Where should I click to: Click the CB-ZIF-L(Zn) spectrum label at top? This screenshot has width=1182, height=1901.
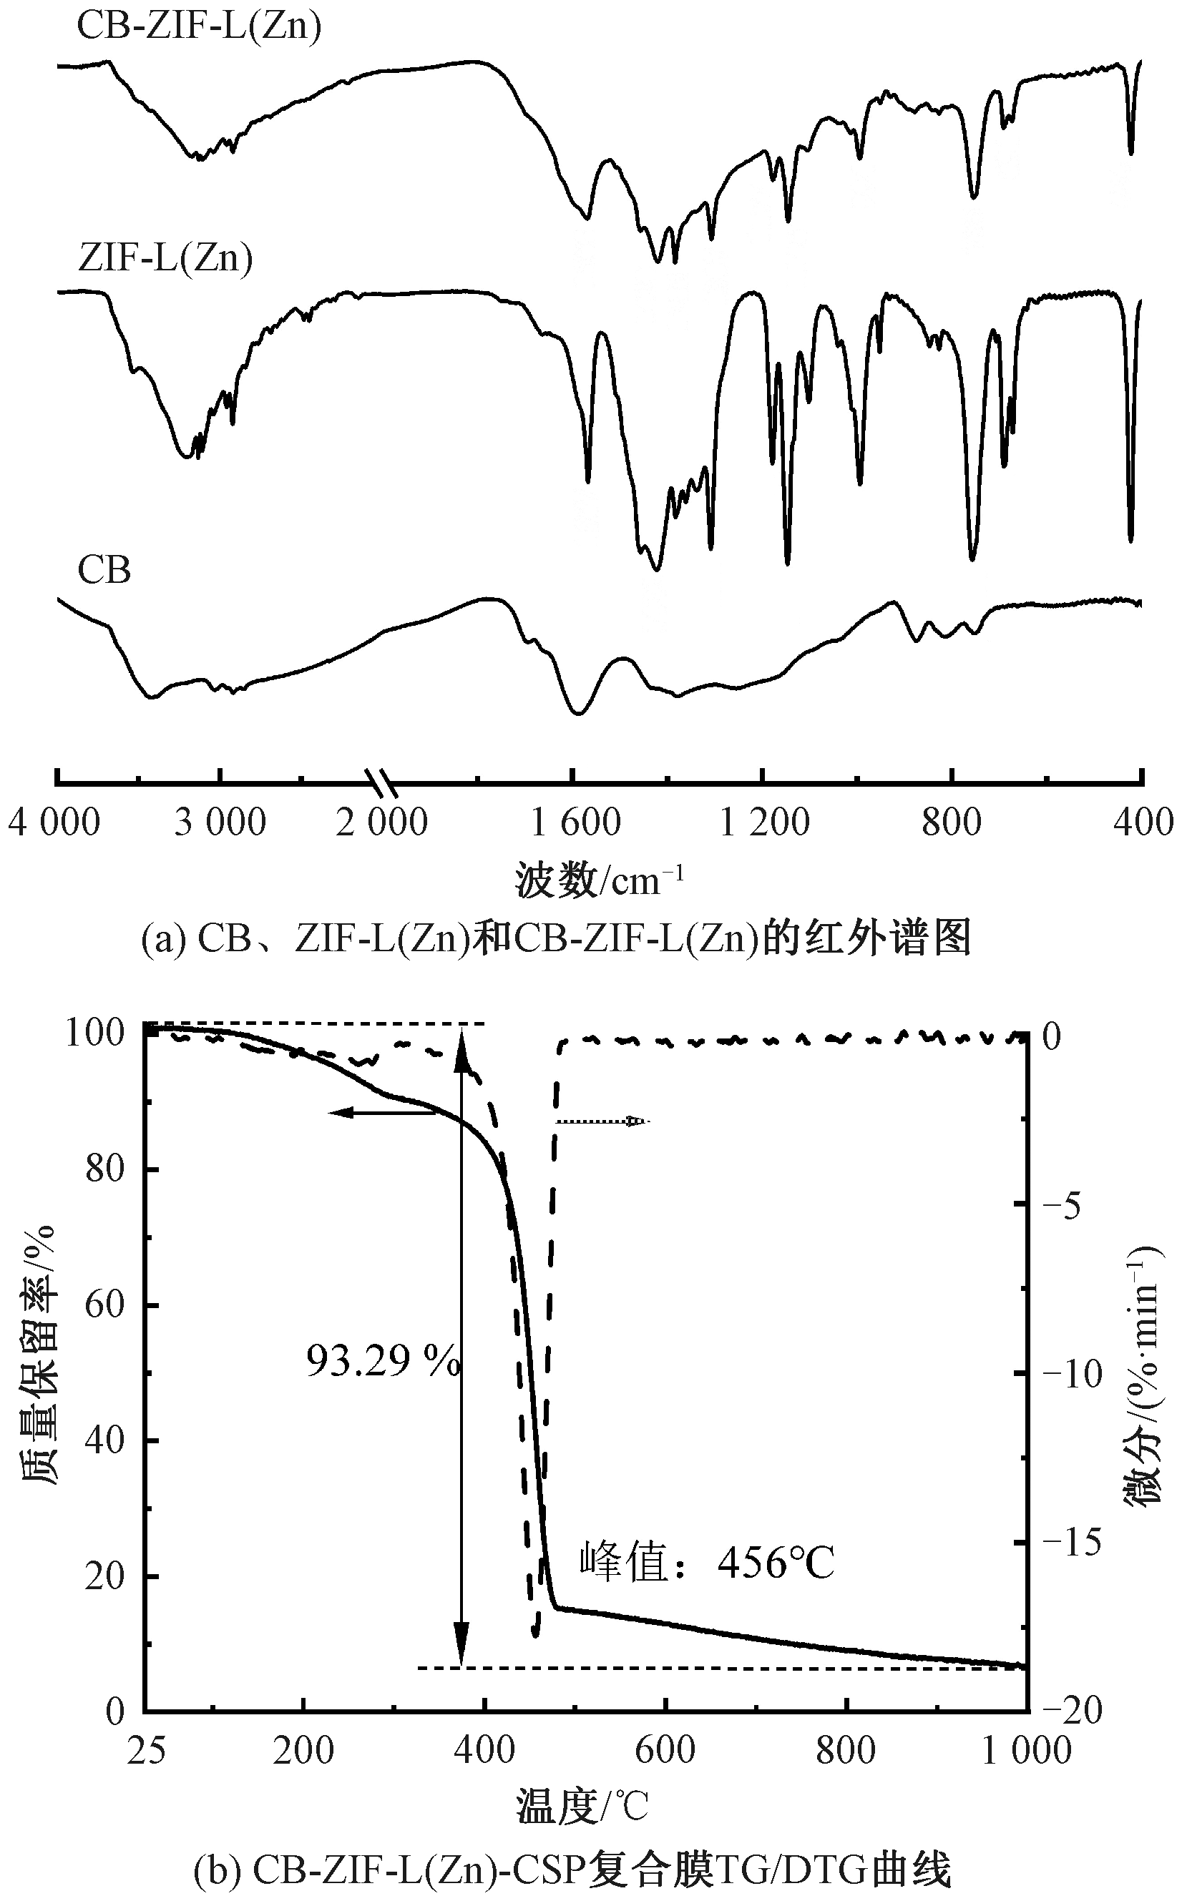pos(199,26)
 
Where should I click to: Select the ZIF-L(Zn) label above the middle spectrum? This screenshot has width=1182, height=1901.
pos(166,259)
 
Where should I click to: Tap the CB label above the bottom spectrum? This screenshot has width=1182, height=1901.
pos(104,571)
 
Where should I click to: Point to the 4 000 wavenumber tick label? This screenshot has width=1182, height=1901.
pos(54,822)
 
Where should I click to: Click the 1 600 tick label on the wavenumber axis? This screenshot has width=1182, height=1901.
pos(575,822)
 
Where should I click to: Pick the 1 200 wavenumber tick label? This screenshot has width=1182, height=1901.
pos(763,822)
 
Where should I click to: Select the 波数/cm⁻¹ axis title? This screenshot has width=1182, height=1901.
pos(599,880)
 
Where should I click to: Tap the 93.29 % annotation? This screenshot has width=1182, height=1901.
pos(381,1360)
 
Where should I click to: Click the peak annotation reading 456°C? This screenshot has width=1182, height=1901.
pos(707,1562)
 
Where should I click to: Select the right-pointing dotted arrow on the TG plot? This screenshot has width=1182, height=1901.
pos(602,1122)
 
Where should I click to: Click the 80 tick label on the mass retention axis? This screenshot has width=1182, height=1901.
pos(104,1169)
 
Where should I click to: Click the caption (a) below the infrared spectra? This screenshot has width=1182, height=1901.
pos(556,938)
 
